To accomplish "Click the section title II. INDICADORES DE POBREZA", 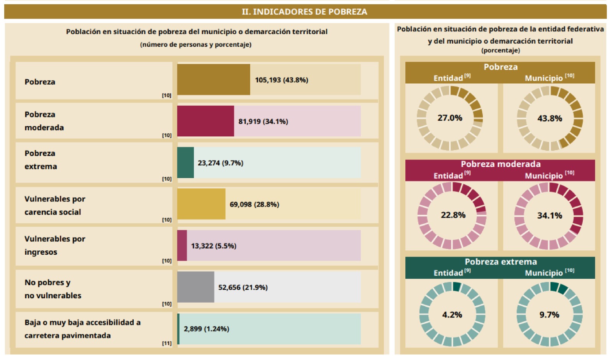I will (304, 11).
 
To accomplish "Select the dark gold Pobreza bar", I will (213, 80).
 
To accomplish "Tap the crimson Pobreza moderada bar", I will (205, 121).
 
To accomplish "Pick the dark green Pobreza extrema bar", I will (185, 163).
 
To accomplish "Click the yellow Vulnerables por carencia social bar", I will (201, 204).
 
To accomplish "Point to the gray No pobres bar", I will (195, 287).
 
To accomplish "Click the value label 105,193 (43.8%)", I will (282, 80).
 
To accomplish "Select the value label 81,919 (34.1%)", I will (263, 121).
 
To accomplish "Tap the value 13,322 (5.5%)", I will (213, 246).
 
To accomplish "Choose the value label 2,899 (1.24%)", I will (207, 329).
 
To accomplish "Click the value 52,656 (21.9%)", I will (243, 287).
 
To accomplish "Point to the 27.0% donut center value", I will (450, 118).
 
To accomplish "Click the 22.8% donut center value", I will (453, 215).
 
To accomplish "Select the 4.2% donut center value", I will (452, 315).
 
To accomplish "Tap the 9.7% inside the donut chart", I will (549, 315).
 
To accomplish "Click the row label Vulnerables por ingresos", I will (55, 245).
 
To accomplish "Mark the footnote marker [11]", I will (167, 343).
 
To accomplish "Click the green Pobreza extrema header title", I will (500, 262).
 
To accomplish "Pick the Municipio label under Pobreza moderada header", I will (544, 176).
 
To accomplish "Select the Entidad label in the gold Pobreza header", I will (448, 78).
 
